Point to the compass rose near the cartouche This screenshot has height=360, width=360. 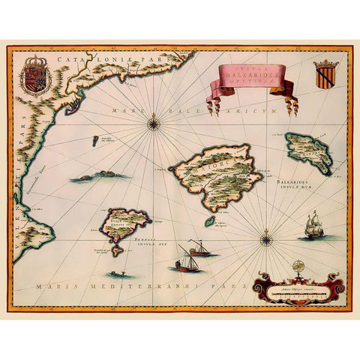point(265,240)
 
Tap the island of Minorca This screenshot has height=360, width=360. point(308,152)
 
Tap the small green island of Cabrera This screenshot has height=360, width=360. point(209,222)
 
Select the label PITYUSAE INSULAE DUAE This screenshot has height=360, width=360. point(142,244)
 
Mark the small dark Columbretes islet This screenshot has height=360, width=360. point(95,140)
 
